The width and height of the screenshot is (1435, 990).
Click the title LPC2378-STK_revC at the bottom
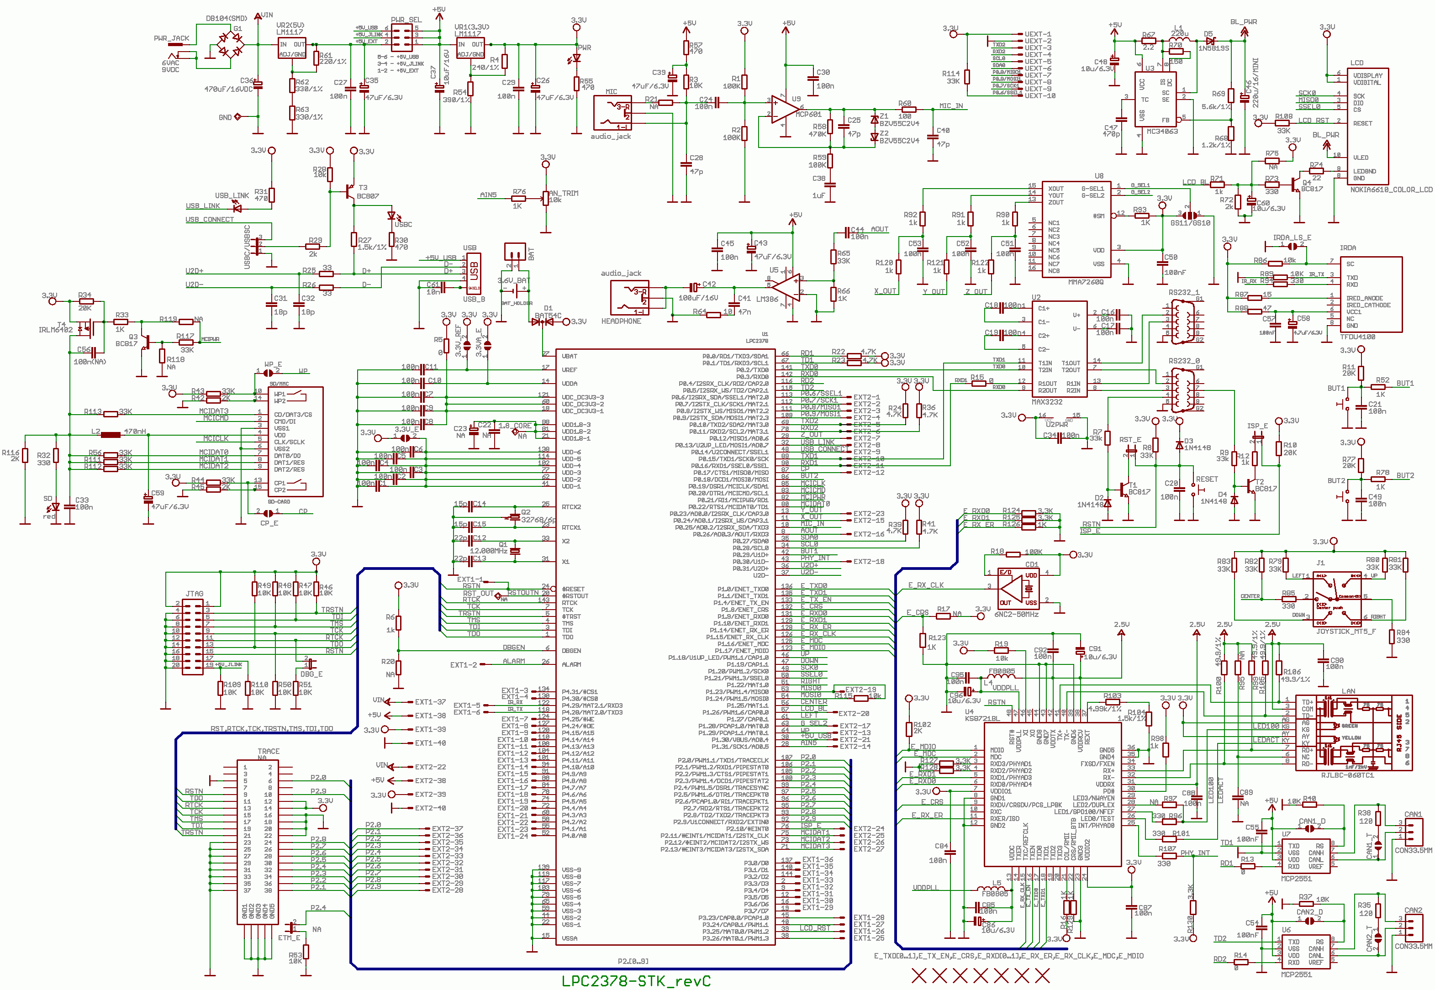[635, 981]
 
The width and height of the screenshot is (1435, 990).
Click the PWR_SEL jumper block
[401, 36]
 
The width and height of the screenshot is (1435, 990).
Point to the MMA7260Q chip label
[1085, 282]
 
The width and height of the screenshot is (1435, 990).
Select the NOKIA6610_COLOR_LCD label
[1391, 190]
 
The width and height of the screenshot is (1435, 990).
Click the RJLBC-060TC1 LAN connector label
[1347, 775]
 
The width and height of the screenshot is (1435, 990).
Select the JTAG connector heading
[194, 594]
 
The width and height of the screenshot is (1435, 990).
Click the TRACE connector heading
[269, 751]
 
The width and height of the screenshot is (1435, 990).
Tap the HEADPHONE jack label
[621, 321]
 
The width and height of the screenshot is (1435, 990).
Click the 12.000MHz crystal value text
[488, 551]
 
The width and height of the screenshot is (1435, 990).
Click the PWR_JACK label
[171, 38]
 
